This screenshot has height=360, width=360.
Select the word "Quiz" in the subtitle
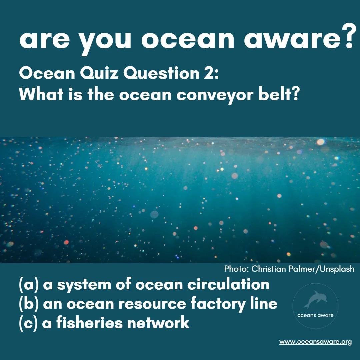pos(99,74)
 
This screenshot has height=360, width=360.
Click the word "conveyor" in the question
pos(212,95)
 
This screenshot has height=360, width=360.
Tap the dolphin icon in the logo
pos(315,299)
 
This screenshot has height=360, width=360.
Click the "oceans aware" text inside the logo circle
pos(315,315)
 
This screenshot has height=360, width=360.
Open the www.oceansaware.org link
pos(315,342)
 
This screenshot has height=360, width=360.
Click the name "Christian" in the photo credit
pos(267,269)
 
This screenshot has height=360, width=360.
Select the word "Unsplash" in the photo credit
pos(337,269)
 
